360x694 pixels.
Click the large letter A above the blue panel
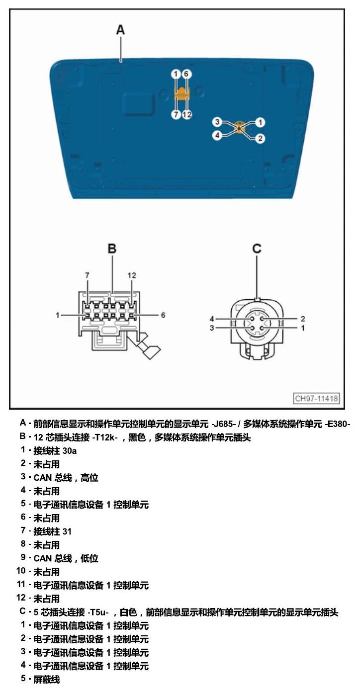(x=120, y=30)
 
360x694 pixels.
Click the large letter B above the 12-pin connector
(x=112, y=249)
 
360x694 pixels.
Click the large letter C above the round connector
(x=257, y=249)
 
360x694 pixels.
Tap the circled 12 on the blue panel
(x=187, y=115)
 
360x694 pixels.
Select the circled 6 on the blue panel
(x=186, y=74)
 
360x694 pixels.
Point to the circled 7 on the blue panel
(x=176, y=115)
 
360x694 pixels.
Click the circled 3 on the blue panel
(x=217, y=122)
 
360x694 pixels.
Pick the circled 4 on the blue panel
(x=217, y=135)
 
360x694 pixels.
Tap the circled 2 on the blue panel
(x=260, y=138)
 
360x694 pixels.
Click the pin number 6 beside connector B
(x=163, y=315)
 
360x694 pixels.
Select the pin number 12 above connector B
(x=132, y=275)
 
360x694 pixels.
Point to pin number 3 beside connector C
(x=212, y=328)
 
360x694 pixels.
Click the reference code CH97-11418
(x=316, y=398)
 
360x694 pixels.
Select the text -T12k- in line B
(x=105, y=437)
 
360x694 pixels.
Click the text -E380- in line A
(x=338, y=424)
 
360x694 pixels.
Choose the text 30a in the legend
(x=70, y=451)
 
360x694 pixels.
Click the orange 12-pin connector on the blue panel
(x=182, y=93)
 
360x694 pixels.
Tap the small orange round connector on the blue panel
(x=239, y=127)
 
